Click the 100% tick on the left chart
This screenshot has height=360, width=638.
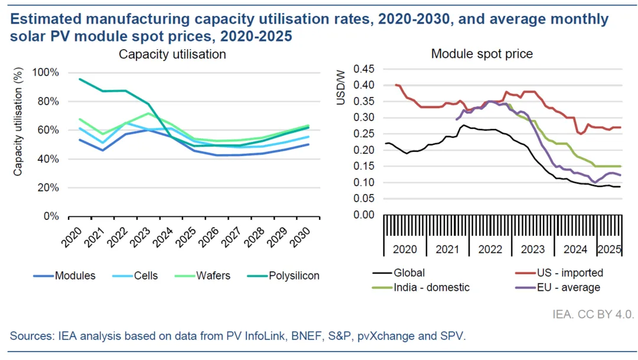coord(46,73)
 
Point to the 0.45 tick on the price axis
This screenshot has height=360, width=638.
coord(364,69)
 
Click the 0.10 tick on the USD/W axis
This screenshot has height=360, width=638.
coord(364,183)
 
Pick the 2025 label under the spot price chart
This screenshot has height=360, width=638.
coord(609,249)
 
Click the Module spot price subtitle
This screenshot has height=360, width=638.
coord(482,54)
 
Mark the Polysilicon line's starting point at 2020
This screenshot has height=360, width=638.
coord(80,79)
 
